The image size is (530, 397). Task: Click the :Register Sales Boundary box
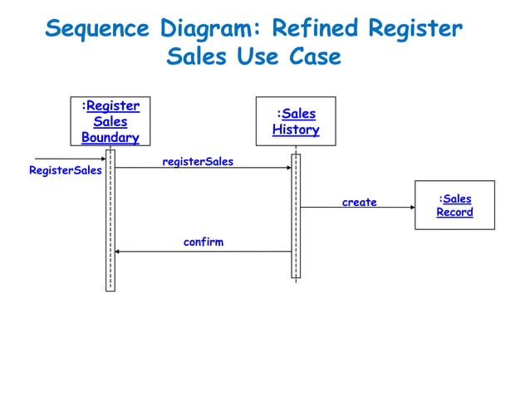(110, 121)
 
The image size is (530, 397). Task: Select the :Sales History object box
(296, 121)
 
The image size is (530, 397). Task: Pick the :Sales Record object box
(454, 205)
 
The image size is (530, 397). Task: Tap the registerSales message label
(198, 161)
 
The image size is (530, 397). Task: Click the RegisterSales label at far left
(65, 170)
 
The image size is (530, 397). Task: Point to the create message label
(359, 202)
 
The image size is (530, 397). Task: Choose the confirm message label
(204, 243)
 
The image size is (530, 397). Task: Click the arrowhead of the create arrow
(410, 207)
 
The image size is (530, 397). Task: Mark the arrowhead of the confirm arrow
(118, 251)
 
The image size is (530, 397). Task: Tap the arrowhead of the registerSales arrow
(287, 168)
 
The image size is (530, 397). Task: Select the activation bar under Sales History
(296, 216)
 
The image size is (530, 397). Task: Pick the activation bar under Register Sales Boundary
(110, 220)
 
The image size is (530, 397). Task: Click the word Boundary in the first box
(110, 137)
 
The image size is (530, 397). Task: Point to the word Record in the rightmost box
(454, 213)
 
